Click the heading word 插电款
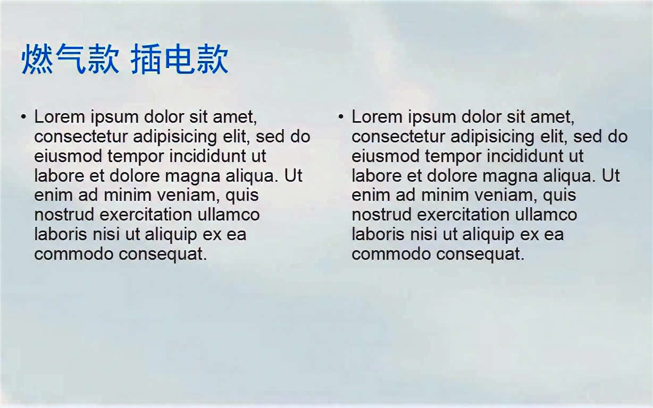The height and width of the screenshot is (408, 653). pos(179,59)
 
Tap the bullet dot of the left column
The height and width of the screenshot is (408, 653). pos(23,116)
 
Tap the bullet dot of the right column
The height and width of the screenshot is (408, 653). pos(341,116)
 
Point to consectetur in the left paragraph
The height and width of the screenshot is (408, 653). pos(81,137)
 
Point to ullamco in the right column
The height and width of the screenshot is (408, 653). pos(546,215)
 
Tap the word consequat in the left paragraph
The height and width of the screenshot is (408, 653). pos(163,254)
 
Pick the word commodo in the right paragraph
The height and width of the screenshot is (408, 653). pos(391,254)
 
